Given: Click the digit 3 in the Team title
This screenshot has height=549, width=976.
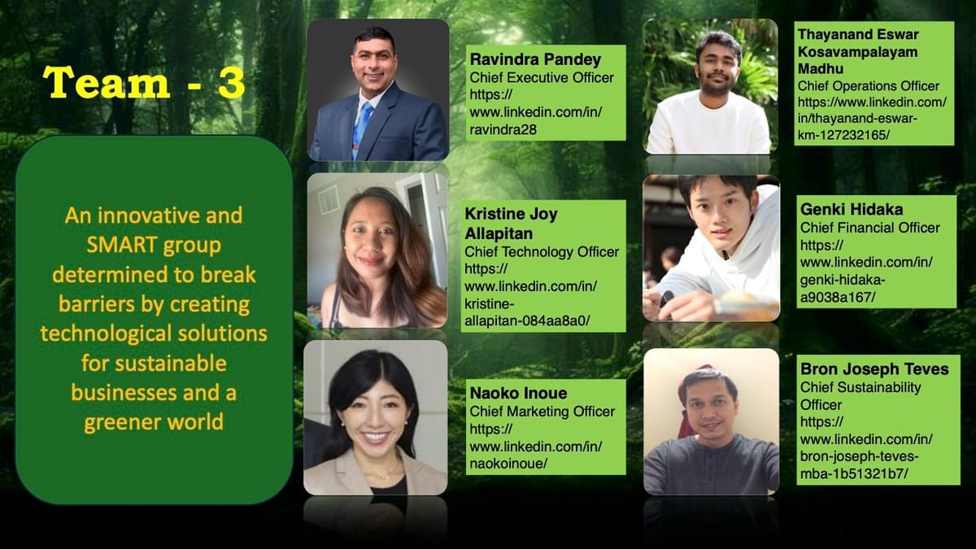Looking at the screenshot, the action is pyautogui.click(x=231, y=83).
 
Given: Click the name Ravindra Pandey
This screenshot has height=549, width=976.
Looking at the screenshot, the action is pyautogui.click(x=535, y=59).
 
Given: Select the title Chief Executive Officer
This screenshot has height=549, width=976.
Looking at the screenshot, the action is pyautogui.click(x=542, y=77).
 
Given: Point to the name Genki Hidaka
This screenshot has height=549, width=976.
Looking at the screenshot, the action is pyautogui.click(x=852, y=210).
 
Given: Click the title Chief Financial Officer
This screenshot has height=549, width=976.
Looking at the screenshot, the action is pyautogui.click(x=870, y=228).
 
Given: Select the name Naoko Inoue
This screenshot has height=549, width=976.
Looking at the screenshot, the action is pyautogui.click(x=519, y=394).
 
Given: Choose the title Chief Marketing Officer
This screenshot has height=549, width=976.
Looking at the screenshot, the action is pyautogui.click(x=542, y=412).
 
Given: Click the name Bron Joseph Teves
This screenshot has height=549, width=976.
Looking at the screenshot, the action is pyautogui.click(x=874, y=369).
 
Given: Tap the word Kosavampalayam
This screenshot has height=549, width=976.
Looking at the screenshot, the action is pyautogui.click(x=857, y=52).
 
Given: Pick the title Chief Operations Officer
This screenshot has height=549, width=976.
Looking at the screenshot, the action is pyautogui.click(x=869, y=86).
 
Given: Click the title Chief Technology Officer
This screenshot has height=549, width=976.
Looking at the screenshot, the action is pyautogui.click(x=542, y=252).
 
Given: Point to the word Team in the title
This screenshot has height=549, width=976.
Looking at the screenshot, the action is pyautogui.click(x=106, y=83).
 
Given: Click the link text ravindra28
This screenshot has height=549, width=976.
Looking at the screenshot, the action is pyautogui.click(x=503, y=129).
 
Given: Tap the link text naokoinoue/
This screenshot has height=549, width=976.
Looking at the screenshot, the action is pyautogui.click(x=508, y=464).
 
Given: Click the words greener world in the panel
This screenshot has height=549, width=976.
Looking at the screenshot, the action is pyautogui.click(x=154, y=423).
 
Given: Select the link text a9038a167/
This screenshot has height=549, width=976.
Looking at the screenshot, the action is pyautogui.click(x=838, y=297).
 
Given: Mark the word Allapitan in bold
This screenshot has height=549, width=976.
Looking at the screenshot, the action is pyautogui.click(x=499, y=234).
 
